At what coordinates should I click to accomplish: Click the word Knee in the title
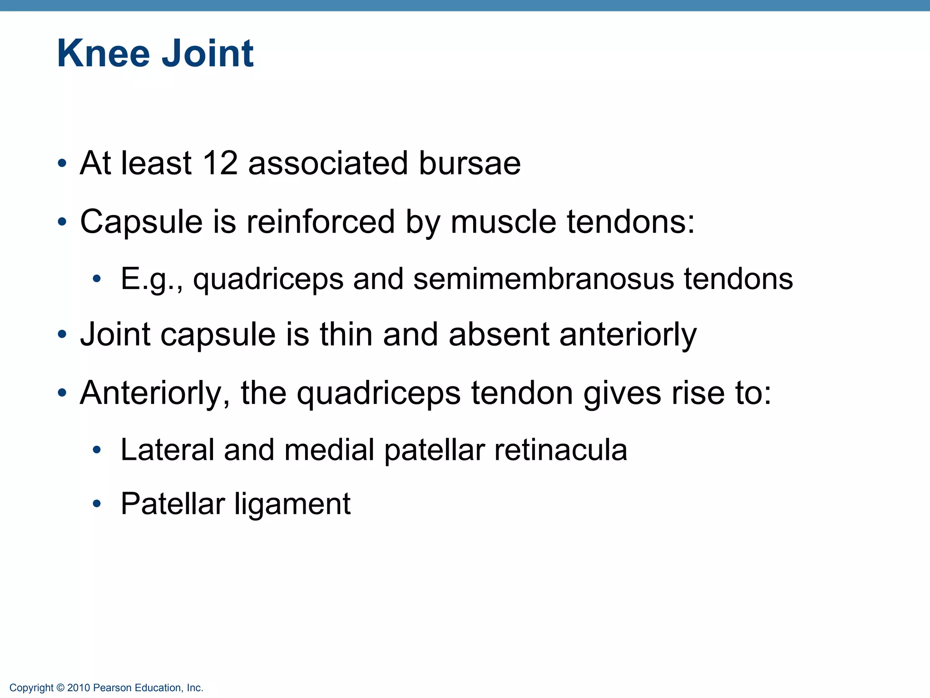click(x=103, y=54)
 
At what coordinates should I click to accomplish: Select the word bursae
click(x=470, y=163)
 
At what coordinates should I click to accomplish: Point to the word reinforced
click(x=321, y=222)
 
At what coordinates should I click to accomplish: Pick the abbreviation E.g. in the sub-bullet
click(x=150, y=279)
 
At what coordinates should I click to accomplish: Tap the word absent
click(x=499, y=334)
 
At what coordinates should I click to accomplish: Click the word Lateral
click(x=167, y=450)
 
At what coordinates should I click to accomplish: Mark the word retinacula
click(x=561, y=450)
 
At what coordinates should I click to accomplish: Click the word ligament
click(x=293, y=504)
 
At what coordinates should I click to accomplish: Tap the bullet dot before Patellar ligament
click(x=96, y=504)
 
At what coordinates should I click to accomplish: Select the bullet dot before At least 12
click(x=62, y=163)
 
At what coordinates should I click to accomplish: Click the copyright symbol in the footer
click(x=60, y=688)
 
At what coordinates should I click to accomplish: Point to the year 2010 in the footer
click(x=79, y=688)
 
